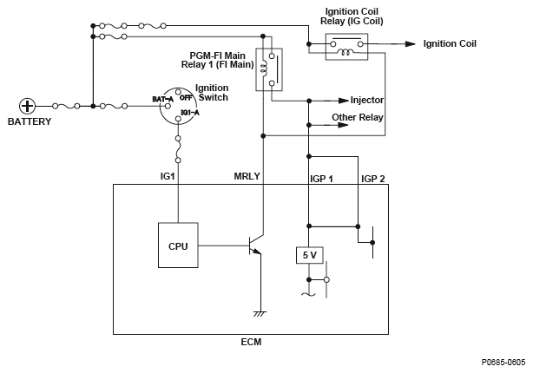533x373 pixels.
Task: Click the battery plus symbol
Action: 28,106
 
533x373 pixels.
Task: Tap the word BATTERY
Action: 30,121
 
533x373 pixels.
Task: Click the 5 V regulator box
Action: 308,256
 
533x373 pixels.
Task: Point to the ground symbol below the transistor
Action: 260,312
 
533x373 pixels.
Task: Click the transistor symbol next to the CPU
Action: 254,245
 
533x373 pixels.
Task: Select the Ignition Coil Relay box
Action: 345,47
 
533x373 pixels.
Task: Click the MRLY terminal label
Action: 247,177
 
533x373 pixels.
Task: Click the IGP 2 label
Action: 372,179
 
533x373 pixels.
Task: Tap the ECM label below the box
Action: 252,342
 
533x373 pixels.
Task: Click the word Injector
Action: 366,100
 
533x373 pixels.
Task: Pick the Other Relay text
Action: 359,116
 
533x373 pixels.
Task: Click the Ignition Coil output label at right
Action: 450,43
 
